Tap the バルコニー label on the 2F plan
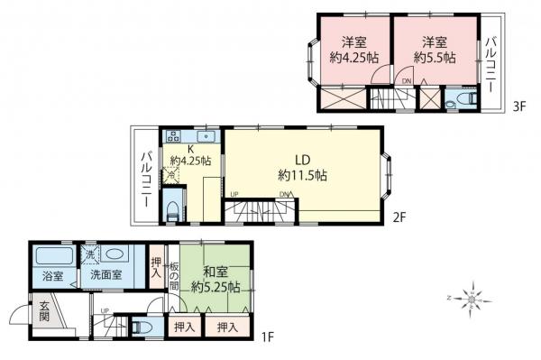click(x=145, y=178)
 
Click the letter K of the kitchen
click(x=191, y=149)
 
